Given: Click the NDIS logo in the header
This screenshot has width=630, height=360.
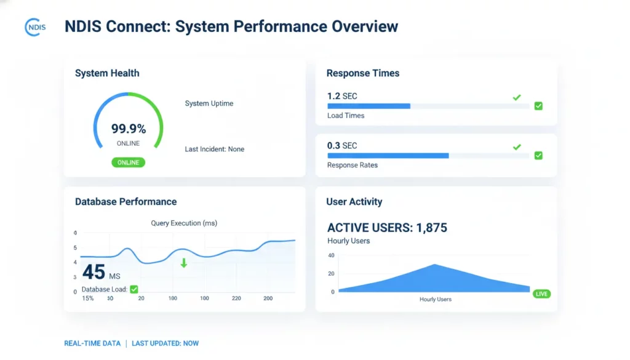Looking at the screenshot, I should [35, 27].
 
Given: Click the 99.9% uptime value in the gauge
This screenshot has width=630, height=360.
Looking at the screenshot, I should [129, 129].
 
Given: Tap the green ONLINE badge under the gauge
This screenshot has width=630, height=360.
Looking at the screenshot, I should [129, 162].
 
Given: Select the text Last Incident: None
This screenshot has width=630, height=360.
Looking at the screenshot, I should [214, 149].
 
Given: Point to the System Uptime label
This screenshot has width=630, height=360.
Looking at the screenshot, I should [209, 103].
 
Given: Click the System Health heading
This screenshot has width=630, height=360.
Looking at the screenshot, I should [107, 73].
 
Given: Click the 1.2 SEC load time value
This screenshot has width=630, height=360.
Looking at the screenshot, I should [342, 96].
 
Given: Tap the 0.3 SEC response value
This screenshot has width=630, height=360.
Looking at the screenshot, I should [342, 145].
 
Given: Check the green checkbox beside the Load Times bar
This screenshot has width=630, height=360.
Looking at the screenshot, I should [538, 106].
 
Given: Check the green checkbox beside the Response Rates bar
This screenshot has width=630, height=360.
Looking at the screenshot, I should [538, 156].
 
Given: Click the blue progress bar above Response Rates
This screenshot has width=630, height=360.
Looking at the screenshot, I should [388, 156].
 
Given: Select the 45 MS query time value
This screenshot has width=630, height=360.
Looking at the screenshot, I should [102, 272].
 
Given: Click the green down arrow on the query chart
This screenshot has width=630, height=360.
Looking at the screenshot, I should [183, 263].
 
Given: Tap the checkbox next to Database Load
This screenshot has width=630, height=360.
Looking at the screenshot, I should [134, 289].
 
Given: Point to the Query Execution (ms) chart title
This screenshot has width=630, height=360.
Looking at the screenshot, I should [184, 223].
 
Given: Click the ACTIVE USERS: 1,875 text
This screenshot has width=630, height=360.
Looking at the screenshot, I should [387, 228].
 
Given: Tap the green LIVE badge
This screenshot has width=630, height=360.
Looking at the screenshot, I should [541, 294].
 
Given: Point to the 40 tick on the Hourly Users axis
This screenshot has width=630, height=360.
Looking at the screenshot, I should [331, 255].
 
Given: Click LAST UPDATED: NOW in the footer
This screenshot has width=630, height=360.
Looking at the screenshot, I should [165, 343].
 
